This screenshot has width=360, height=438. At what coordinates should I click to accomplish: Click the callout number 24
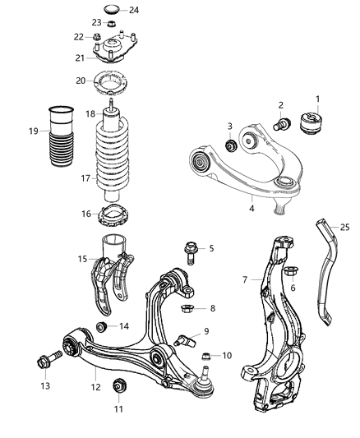point(134,10)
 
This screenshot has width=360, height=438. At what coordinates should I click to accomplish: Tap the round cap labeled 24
point(112,11)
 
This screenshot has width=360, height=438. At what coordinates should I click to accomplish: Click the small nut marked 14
point(101,327)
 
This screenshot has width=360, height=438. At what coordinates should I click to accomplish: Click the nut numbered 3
point(231,145)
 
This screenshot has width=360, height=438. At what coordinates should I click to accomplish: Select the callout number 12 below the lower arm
point(95,387)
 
